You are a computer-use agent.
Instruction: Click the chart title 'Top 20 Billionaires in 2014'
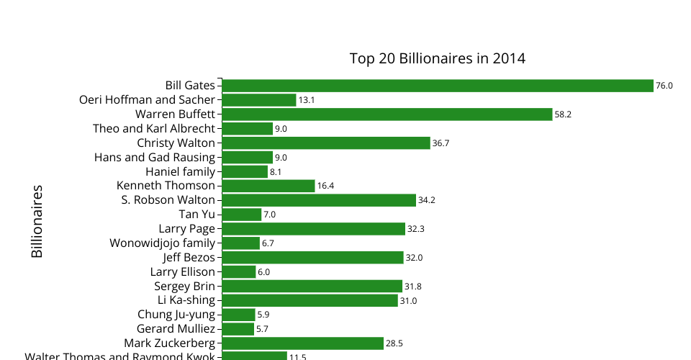(437, 58)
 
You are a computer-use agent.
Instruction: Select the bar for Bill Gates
(437, 86)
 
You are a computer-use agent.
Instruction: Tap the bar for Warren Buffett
(387, 114)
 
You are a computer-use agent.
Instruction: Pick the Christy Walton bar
(325, 143)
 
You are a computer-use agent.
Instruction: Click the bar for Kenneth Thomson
(268, 186)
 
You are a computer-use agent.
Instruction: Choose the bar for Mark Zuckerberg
(302, 343)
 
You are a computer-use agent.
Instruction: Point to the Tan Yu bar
(241, 215)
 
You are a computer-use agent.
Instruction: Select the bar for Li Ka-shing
(310, 300)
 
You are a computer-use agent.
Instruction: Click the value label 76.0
(664, 86)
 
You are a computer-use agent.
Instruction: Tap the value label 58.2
(563, 114)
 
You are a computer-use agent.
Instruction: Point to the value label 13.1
(307, 100)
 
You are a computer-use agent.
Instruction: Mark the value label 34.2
(427, 200)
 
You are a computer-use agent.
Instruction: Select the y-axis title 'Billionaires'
(37, 222)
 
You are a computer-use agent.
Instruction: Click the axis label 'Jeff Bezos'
(189, 257)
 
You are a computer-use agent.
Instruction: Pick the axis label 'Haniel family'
(180, 171)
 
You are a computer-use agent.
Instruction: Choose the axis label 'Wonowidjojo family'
(162, 243)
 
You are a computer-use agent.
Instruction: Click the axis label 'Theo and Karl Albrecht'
(154, 129)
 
